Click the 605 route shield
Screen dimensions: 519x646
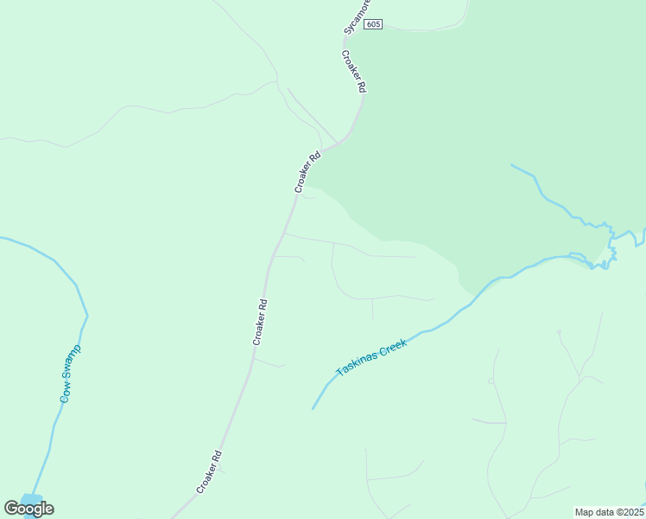(373, 24)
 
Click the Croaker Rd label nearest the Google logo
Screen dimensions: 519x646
(210, 471)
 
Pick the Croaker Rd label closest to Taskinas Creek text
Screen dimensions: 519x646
(261, 322)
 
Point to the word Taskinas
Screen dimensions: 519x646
(354, 362)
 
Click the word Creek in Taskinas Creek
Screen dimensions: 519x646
(391, 343)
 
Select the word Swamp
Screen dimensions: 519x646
(73, 363)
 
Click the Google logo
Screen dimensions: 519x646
(28, 509)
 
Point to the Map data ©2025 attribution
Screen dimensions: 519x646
(608, 512)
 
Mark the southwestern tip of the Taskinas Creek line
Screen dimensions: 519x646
(313, 407)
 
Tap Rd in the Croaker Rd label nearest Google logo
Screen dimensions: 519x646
(217, 457)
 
